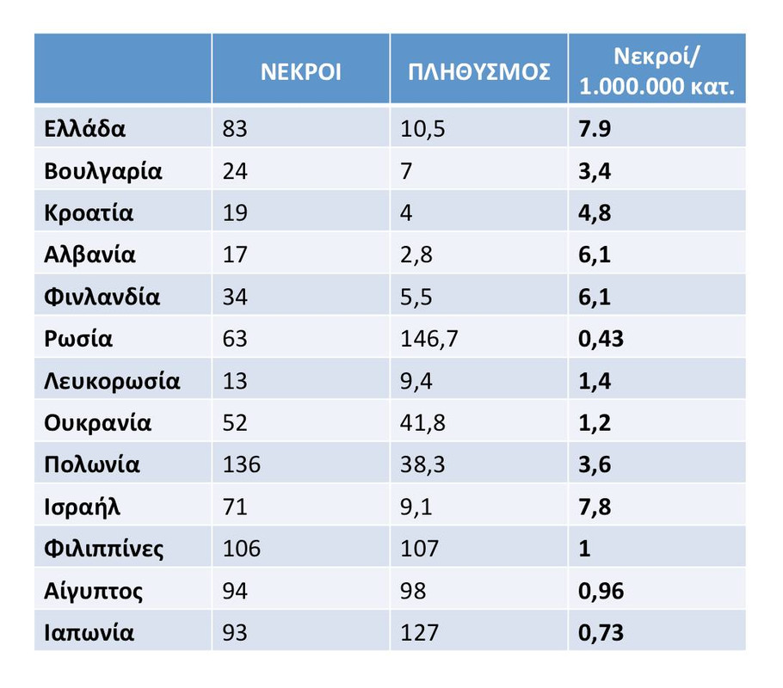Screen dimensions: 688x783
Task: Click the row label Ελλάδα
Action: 85,129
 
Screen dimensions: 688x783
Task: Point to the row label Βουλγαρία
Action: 103,171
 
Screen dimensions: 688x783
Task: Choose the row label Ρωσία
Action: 78,339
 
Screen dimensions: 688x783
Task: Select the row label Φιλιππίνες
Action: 104,549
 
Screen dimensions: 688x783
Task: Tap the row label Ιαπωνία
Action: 89,633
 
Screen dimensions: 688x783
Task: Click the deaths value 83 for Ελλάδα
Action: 234,129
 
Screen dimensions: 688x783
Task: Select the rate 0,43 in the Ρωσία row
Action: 601,339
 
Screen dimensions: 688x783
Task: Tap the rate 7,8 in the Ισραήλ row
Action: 595,507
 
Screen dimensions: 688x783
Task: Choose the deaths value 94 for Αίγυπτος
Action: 235,592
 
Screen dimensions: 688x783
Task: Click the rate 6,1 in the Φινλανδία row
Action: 595,298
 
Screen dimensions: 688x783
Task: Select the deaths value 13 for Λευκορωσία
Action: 234,381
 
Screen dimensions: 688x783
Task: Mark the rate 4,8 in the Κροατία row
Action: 595,213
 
